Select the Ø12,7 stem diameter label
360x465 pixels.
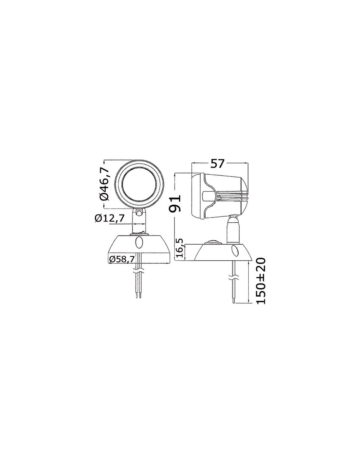point(109,218)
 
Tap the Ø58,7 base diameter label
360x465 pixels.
point(122,259)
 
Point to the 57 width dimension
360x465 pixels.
point(217,164)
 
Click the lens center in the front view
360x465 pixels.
point(139,185)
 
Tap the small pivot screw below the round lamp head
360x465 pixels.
point(139,213)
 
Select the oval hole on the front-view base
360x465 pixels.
point(138,242)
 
